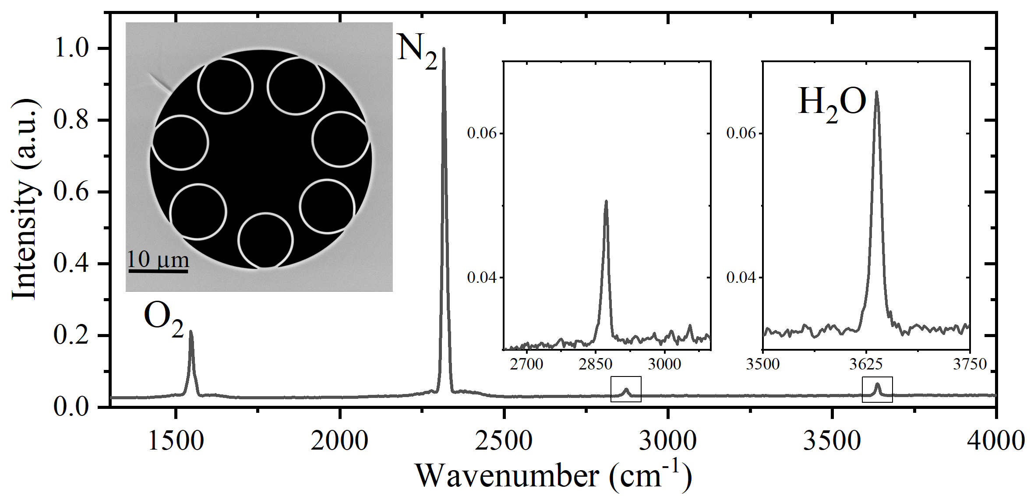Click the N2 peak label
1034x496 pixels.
[416, 54]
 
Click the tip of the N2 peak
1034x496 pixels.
[444, 49]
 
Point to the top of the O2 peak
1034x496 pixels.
[191, 332]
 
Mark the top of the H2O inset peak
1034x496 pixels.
[876, 92]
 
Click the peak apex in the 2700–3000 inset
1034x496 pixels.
[606, 201]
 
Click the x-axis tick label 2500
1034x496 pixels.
[504, 440]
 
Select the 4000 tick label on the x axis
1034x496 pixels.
[995, 440]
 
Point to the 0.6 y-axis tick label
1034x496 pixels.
[71, 192]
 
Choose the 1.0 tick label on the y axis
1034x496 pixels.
[71, 48]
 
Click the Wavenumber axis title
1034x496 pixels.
[553, 476]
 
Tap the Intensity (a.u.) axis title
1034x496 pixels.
[25, 199]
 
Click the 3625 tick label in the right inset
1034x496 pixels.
[866, 364]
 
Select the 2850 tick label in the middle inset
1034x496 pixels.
[595, 364]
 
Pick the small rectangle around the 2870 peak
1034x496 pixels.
[626, 389]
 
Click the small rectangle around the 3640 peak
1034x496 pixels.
[877, 389]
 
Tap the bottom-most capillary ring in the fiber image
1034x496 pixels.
[265, 240]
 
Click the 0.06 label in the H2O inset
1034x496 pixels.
[741, 133]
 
